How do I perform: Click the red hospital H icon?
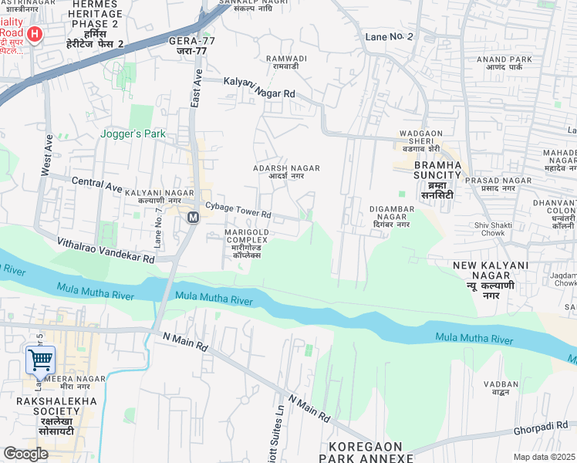click(x=34, y=34)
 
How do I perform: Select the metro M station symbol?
click(x=193, y=218)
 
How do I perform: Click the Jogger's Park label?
click(x=133, y=133)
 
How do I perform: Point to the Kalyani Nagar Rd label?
click(x=259, y=87)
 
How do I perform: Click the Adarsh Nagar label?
click(x=286, y=171)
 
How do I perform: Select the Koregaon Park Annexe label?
click(x=370, y=452)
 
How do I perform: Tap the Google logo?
click(x=25, y=453)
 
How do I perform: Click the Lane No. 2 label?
click(x=389, y=37)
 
